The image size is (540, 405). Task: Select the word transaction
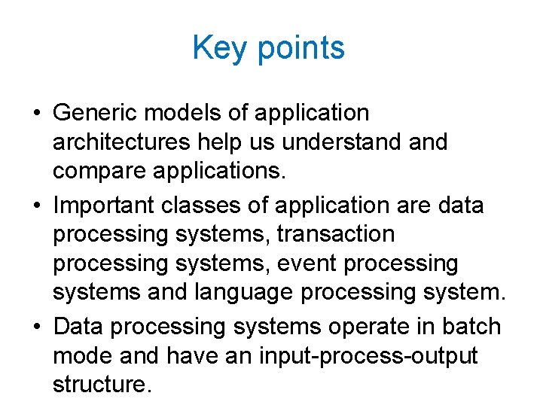(335, 234)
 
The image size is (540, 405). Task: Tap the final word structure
(102, 385)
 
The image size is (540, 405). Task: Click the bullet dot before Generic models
(38, 114)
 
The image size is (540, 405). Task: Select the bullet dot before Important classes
(38, 206)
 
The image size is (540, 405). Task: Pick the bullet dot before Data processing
(38, 327)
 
